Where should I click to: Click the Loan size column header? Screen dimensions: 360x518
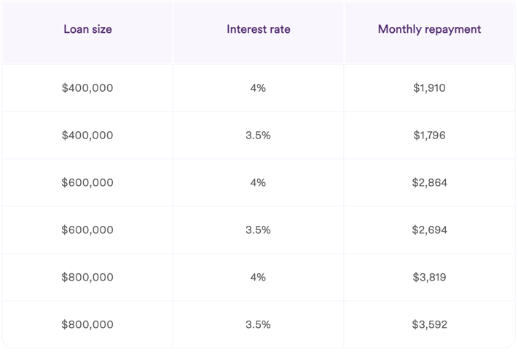[x=87, y=30]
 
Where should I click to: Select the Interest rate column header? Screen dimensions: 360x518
[x=258, y=30]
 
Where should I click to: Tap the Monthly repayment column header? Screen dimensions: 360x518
[x=429, y=30]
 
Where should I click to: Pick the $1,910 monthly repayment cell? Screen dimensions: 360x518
[x=429, y=88]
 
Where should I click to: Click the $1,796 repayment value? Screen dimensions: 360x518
[x=429, y=136]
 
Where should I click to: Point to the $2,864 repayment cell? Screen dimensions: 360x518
[x=429, y=183]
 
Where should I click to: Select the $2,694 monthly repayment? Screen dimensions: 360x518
[x=429, y=230]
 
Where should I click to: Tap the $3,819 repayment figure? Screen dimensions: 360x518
[x=429, y=278]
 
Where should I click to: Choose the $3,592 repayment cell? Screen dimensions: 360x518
[x=429, y=325]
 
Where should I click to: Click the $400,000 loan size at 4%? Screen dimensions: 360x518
[x=87, y=88]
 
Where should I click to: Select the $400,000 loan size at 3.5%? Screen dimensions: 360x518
[x=87, y=136]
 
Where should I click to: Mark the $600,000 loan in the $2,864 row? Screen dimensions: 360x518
[x=87, y=183]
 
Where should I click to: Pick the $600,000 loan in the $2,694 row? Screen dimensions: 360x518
[x=87, y=230]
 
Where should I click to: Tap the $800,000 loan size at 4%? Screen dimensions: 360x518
[x=87, y=278]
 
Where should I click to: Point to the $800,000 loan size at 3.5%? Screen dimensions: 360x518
[x=87, y=325]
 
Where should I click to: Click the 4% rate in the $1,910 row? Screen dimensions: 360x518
[x=258, y=88]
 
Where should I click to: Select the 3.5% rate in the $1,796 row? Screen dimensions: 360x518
[x=258, y=136]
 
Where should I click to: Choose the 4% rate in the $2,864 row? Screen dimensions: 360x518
[x=258, y=183]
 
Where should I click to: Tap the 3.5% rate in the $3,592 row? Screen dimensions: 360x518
[x=258, y=325]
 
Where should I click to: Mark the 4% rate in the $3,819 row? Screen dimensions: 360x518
[x=258, y=278]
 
